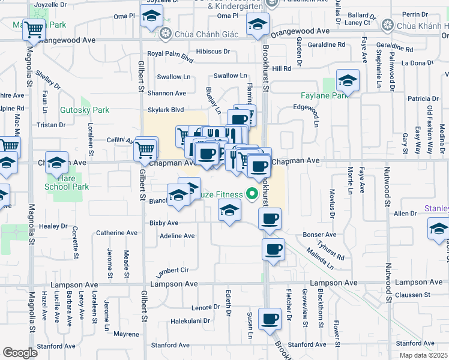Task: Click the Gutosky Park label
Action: click(85, 110)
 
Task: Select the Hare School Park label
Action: click(67, 182)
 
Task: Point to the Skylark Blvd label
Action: click(166, 110)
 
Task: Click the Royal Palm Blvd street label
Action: click(170, 57)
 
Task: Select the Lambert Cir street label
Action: click(172, 271)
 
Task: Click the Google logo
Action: click(20, 353)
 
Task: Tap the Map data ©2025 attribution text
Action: click(422, 355)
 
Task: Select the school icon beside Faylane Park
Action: click(347, 80)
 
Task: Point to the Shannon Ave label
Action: click(171, 93)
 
